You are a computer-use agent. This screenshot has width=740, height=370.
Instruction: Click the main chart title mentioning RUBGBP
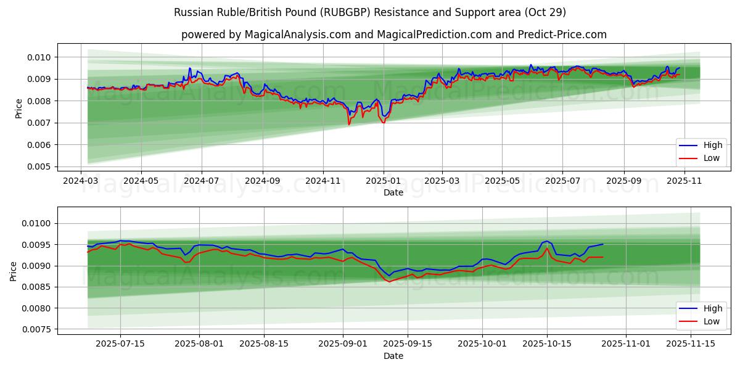(x=370, y=12)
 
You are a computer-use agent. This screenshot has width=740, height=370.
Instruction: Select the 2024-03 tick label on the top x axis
(x=81, y=181)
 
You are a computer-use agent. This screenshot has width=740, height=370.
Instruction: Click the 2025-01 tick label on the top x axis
(x=384, y=181)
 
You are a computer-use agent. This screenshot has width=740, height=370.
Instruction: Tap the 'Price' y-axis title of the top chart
(x=18, y=108)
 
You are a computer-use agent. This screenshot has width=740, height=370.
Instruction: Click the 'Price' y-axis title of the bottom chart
(x=14, y=271)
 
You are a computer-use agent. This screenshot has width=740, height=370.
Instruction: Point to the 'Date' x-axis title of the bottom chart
(x=393, y=356)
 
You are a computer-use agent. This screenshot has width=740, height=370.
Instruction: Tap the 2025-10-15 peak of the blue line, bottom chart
(x=546, y=241)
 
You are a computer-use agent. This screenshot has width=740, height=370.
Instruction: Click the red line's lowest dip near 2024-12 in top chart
(x=349, y=125)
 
